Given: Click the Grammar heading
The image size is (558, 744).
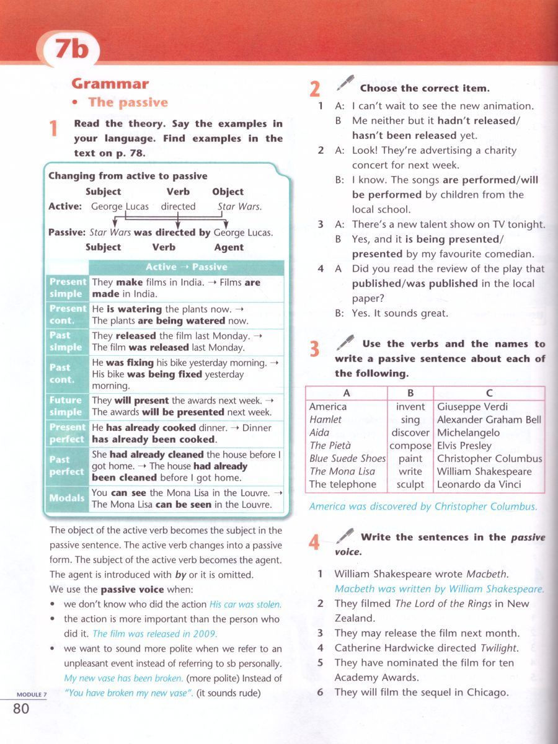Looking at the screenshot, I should coord(110,84).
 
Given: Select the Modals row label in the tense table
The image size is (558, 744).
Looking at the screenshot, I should coord(67,498).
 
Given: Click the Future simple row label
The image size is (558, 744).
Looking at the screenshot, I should coord(66,406).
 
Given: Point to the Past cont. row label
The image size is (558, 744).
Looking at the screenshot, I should coord(62,373).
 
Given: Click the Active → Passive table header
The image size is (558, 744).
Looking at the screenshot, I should coord(186,267).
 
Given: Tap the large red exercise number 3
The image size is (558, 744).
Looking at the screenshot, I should coord(315,350).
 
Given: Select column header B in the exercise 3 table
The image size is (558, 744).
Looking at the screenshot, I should coord(410,392).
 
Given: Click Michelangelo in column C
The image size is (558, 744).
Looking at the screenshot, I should coord(468,433).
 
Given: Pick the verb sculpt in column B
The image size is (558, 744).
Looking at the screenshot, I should coord(410,484).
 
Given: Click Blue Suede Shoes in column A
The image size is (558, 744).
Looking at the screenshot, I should coord(347,459).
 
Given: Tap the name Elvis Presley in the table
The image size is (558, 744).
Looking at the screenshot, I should coord(464,446).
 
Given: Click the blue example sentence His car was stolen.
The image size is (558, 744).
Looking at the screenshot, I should coord(246,604).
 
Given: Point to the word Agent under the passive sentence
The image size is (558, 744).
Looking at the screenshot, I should coord(229,247).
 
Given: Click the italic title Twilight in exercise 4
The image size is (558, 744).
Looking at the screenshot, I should coord(499,648).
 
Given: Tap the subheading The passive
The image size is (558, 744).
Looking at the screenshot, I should coord(128,102).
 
